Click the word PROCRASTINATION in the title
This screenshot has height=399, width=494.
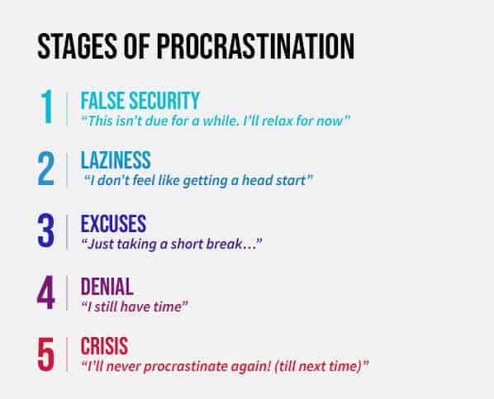(x=255, y=46)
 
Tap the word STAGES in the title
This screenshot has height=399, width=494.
(x=77, y=46)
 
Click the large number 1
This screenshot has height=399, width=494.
(x=47, y=107)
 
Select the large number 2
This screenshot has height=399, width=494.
(x=46, y=169)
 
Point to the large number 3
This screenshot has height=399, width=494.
(x=46, y=230)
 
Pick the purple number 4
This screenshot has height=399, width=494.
(x=46, y=292)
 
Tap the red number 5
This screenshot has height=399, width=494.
(x=46, y=354)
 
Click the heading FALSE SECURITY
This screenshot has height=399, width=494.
(x=140, y=101)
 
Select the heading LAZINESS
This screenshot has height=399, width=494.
(x=116, y=160)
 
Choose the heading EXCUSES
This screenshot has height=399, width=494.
(x=113, y=224)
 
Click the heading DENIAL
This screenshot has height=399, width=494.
(x=107, y=286)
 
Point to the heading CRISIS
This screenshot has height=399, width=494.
(x=104, y=346)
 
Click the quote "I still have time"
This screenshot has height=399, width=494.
(x=135, y=306)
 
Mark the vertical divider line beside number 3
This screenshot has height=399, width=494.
(x=67, y=232)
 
